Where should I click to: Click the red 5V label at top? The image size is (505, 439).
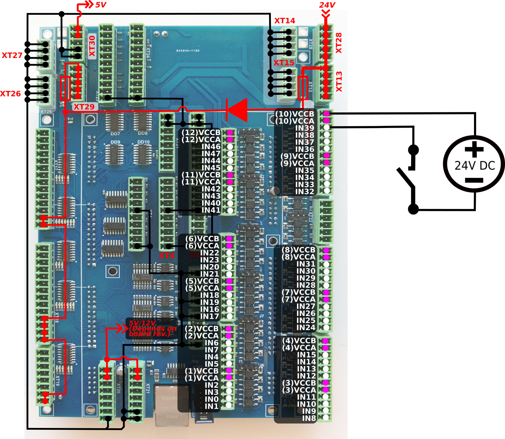coord(101,5)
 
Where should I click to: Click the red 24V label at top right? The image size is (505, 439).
coord(327,5)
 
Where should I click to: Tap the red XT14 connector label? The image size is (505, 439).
coord(284,21)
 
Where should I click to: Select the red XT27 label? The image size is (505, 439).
coord(12,55)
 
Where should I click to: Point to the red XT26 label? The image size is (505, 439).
coord(10,94)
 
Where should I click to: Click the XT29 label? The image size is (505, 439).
coord(84,107)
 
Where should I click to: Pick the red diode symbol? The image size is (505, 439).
coord(237,110)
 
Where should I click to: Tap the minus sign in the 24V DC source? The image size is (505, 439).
coord(474,181)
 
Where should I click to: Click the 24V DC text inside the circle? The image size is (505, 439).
coord(475,166)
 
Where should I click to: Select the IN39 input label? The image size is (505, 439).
coord(304,128)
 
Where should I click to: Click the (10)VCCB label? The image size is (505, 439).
coord(295,114)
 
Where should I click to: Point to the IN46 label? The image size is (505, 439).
coord(211,146)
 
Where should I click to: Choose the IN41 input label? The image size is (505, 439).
coord(211,210)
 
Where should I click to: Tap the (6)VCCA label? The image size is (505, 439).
coord(202,246)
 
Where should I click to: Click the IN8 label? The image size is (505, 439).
coord(309,418)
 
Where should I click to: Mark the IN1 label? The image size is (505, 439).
coord(211,406)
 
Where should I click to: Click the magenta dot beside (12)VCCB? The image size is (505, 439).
coord(230,133)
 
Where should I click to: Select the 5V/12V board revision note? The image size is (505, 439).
coord(152,328)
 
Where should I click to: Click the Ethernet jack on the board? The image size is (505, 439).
coord(172,405)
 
